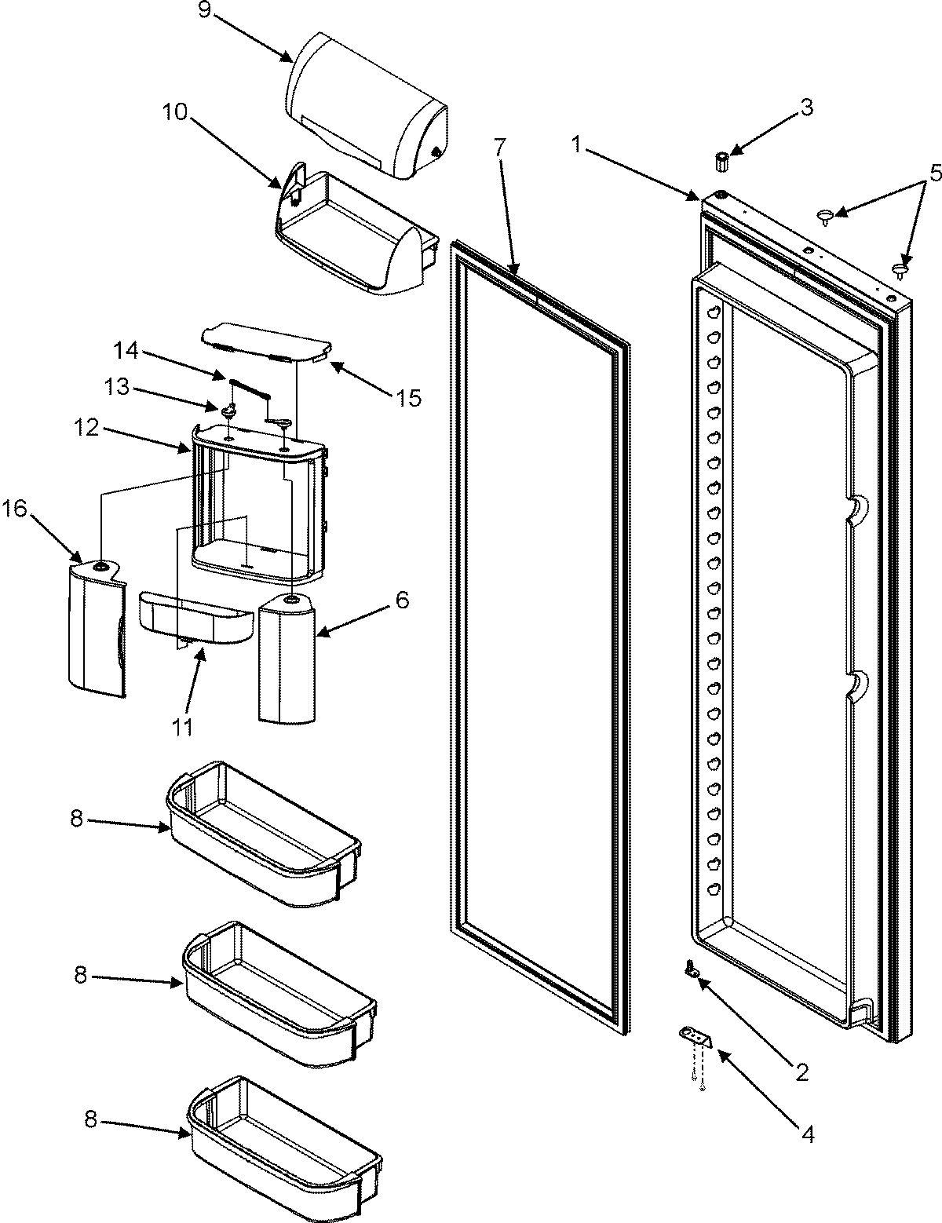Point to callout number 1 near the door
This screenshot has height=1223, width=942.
[578, 144]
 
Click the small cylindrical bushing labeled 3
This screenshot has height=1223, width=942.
[722, 162]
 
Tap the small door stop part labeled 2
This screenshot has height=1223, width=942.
[693, 971]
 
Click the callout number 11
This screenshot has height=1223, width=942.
[182, 727]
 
